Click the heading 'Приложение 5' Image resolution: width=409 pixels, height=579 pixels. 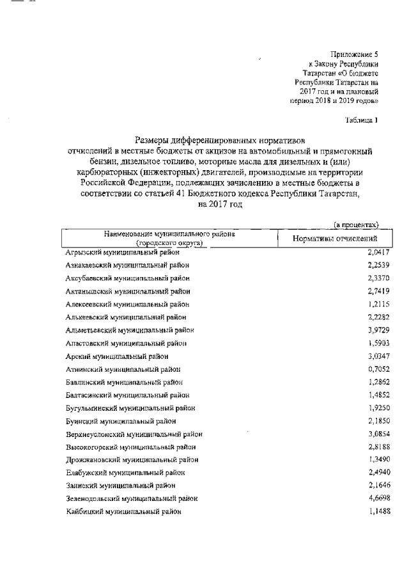[x=355, y=54]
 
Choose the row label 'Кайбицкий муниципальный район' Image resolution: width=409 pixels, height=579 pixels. [x=123, y=511]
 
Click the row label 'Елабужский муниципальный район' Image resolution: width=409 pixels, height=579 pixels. [x=126, y=472]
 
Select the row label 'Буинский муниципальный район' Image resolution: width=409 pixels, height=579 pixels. [x=121, y=420]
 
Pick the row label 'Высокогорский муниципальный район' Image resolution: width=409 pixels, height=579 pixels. [x=131, y=447]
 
